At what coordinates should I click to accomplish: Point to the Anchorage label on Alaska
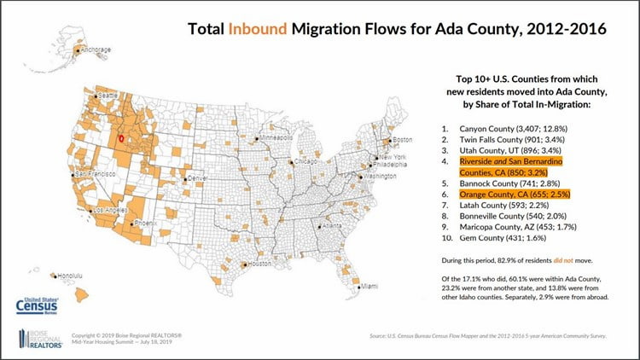pos(96,49)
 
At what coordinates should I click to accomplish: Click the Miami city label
pos(369,287)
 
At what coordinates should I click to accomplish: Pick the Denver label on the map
pos(197,177)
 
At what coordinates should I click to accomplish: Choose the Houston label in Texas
pos(259,264)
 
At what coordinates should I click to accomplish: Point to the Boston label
pos(402,139)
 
